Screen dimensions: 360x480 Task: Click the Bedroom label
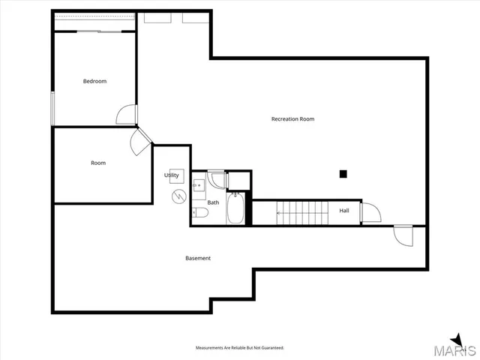pyautogui.click(x=94, y=81)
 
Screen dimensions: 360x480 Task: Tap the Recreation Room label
pyautogui.click(x=292, y=118)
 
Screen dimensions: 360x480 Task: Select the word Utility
pyautogui.click(x=172, y=175)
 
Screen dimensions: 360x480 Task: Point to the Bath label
pyautogui.click(x=214, y=202)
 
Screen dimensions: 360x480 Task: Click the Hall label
pyautogui.click(x=344, y=211)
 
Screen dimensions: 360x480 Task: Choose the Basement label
pyautogui.click(x=198, y=258)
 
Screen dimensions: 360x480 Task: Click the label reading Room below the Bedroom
pyautogui.click(x=98, y=163)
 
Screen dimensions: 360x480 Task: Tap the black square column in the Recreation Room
pyautogui.click(x=343, y=174)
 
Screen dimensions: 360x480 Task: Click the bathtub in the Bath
pyautogui.click(x=235, y=209)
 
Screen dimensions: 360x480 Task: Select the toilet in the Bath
pyautogui.click(x=199, y=213)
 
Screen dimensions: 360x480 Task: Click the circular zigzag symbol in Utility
pyautogui.click(x=178, y=197)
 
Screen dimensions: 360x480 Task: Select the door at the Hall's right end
pyautogui.click(x=370, y=212)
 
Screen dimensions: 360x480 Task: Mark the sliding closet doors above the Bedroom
pyautogui.click(x=96, y=31)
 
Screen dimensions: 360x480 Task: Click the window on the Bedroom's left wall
pyautogui.click(x=52, y=109)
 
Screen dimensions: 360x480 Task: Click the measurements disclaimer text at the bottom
pyautogui.click(x=240, y=348)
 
